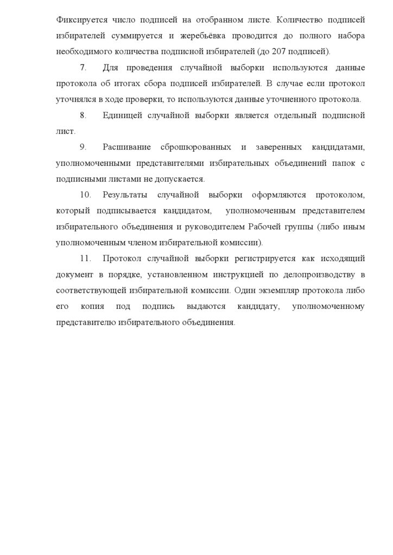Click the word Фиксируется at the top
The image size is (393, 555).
pyautogui.click(x=79, y=20)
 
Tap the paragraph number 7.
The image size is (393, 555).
pyautogui.click(x=83, y=68)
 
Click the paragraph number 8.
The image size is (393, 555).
pyautogui.click(x=83, y=115)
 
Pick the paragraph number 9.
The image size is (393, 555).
pyautogui.click(x=83, y=147)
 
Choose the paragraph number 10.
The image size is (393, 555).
pyautogui.click(x=85, y=195)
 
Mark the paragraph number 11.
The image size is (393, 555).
pyautogui.click(x=84, y=259)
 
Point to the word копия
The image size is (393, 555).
pyautogui.click(x=94, y=306)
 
